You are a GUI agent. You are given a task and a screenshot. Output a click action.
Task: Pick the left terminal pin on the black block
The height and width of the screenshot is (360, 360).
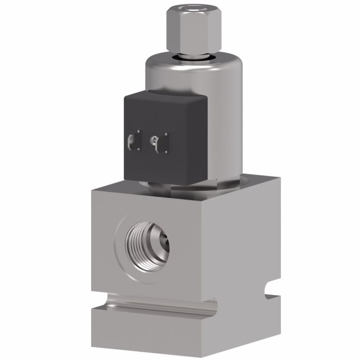(x=132, y=140)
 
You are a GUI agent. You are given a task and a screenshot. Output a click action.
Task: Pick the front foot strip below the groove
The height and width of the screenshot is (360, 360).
(x=154, y=329)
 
